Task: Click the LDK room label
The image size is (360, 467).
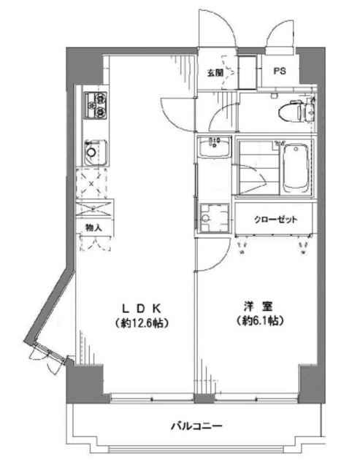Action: click(x=142, y=307)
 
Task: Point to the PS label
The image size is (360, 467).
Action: click(x=280, y=72)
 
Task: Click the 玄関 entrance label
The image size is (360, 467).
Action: click(x=214, y=72)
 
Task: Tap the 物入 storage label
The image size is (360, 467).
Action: click(x=93, y=228)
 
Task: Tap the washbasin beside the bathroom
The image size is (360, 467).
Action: click(x=215, y=149)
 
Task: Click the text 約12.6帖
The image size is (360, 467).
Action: click(x=142, y=322)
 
